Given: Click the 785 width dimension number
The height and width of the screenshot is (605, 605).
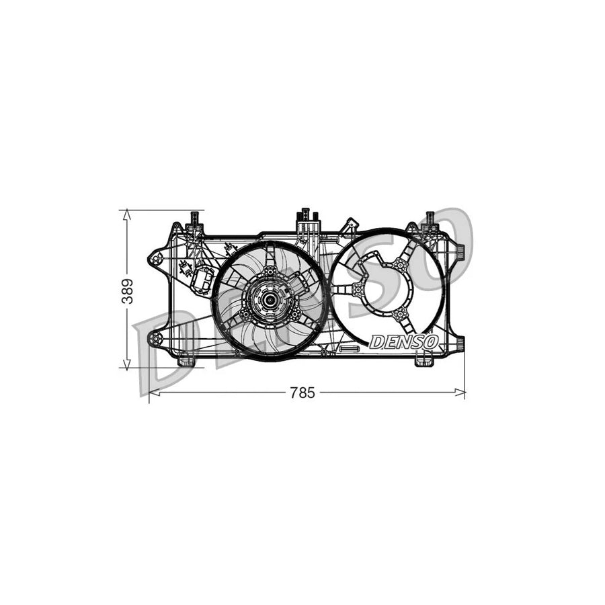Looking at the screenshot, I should (x=302, y=393).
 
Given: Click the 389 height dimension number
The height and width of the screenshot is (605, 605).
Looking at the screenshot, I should (x=127, y=290).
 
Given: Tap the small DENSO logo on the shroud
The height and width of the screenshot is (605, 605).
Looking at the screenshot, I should (x=403, y=342).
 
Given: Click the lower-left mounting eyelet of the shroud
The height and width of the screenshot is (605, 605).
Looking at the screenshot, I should (x=155, y=339).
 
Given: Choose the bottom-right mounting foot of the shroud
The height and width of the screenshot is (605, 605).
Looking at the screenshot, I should (x=424, y=362).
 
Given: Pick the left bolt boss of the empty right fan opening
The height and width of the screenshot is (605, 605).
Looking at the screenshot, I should (x=357, y=290).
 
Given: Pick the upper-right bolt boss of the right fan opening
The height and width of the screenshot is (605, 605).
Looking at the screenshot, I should (x=400, y=265).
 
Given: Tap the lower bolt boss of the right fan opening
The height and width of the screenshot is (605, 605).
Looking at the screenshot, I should (x=401, y=315).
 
